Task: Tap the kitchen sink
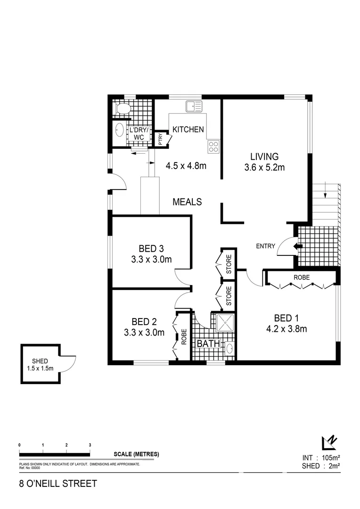click(x=194, y=106)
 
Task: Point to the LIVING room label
click(x=264, y=156)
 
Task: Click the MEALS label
click(x=187, y=202)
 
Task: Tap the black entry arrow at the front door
click(x=297, y=246)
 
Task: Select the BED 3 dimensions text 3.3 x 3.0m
click(x=151, y=259)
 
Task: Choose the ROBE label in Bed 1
click(x=302, y=278)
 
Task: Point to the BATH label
click(x=208, y=344)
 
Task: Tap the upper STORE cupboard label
click(x=229, y=265)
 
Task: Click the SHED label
click(x=40, y=361)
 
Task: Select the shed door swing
click(x=69, y=363)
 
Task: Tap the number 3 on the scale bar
click(x=90, y=445)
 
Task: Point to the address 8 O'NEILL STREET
click(x=57, y=484)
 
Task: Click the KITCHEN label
click(x=188, y=130)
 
